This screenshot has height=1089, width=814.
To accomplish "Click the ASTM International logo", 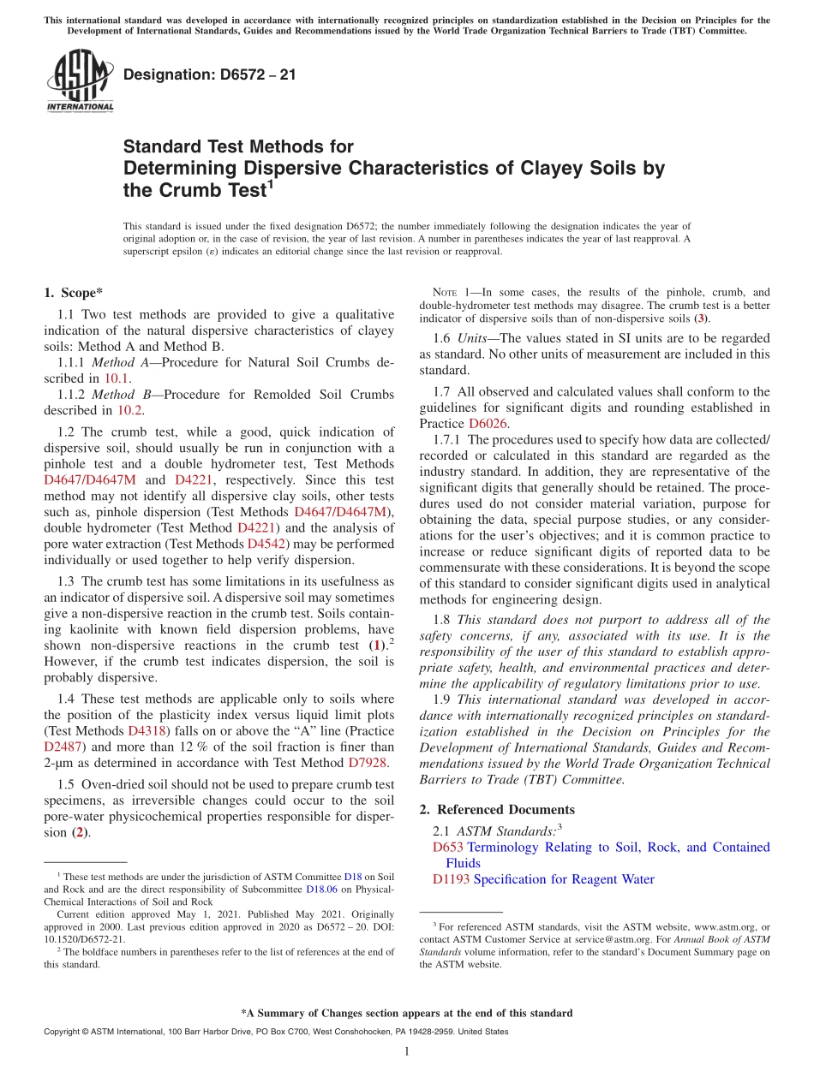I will click(79, 80).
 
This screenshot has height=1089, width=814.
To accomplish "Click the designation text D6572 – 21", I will click(210, 74).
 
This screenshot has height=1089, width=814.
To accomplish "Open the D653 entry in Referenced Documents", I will click(448, 847).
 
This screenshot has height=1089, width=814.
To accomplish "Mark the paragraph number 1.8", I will click(442, 620).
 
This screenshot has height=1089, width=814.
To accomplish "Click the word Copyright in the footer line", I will click(63, 1032).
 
